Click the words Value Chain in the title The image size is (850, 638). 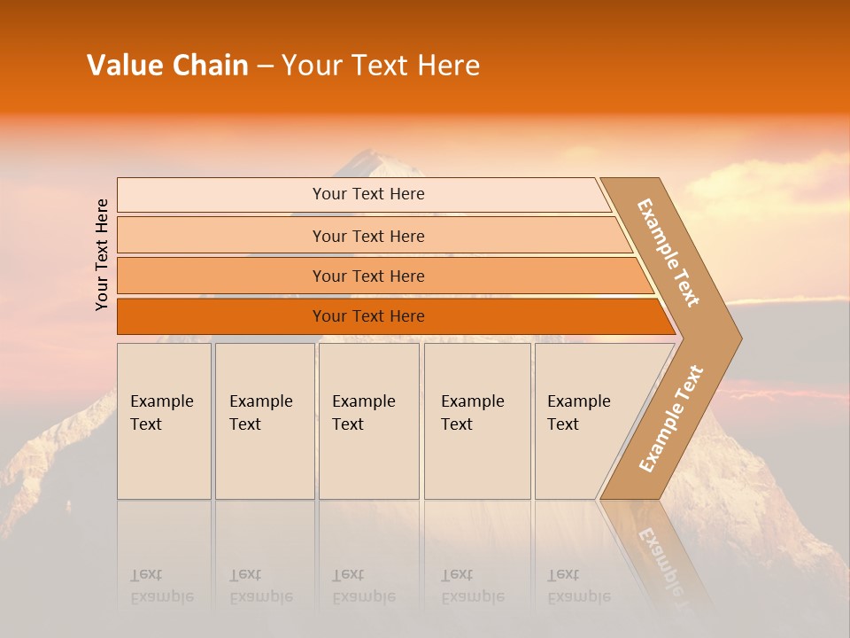tap(167, 66)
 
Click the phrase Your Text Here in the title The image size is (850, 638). tap(381, 66)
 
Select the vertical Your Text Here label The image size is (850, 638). tap(102, 254)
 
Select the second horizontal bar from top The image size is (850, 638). tap(367, 236)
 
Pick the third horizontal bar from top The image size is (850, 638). tap(367, 276)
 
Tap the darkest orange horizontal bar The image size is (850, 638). tap(367, 316)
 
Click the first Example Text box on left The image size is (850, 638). tap(164, 421)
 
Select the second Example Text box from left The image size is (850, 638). tap(264, 421)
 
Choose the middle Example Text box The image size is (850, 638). tap(368, 421)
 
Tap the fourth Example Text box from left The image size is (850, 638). tap(476, 421)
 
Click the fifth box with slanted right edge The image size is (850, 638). tap(584, 421)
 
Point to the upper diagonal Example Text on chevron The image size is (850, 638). tap(668, 253)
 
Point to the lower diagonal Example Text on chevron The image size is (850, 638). tap(670, 418)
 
